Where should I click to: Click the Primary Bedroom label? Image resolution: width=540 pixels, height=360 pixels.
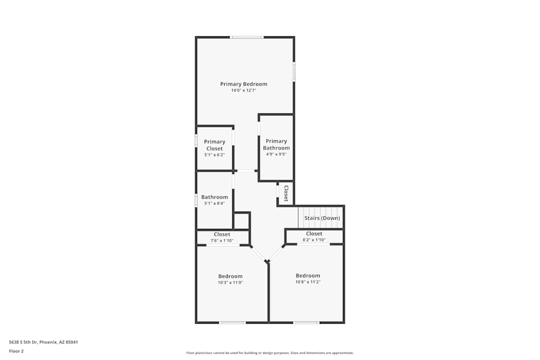click(244, 84)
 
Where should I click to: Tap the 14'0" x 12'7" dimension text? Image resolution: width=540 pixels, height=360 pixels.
click(244, 91)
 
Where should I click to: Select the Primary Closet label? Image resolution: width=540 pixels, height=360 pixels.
click(214, 145)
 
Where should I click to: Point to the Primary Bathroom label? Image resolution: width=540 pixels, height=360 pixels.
click(276, 145)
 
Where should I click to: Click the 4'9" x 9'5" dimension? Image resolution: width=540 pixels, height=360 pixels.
click(276, 154)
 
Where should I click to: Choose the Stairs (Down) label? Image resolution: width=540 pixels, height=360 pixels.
click(322, 218)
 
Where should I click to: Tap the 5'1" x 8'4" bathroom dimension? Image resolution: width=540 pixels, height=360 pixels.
click(214, 204)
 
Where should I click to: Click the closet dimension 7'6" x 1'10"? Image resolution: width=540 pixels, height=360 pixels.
click(222, 241)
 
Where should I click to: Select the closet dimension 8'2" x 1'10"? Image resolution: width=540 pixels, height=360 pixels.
click(314, 240)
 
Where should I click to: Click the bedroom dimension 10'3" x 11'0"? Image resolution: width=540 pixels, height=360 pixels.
click(231, 282)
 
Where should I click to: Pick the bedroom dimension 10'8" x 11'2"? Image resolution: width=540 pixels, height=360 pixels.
click(308, 282)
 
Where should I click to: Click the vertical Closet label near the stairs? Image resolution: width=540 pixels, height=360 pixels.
click(286, 193)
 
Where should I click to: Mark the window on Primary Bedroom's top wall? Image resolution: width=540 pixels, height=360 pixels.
click(247, 37)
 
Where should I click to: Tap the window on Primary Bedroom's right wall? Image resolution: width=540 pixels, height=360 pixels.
click(294, 72)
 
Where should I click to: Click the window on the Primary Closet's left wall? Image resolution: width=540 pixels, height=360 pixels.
click(196, 140)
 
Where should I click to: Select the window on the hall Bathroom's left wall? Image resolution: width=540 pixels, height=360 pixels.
click(196, 200)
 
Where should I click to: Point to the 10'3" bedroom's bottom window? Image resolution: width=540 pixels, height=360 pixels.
click(232, 323)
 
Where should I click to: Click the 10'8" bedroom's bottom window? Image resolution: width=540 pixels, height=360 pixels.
click(306, 323)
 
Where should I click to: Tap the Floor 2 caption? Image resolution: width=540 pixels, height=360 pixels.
click(17, 351)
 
